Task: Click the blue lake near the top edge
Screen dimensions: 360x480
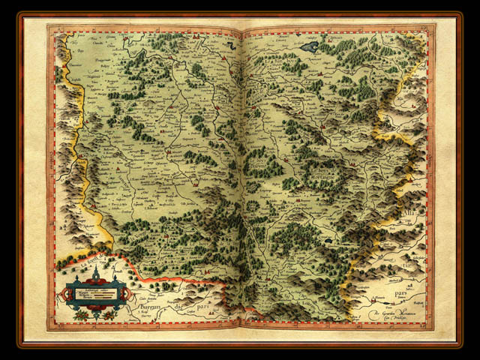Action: [x=310, y=47]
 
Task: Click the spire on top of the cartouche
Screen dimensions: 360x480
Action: [x=96, y=271]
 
